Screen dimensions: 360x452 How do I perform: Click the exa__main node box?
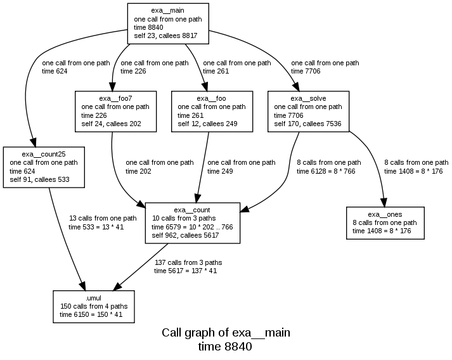pyautogui.click(x=168, y=23)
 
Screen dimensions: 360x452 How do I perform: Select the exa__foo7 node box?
pyautogui.click(x=115, y=112)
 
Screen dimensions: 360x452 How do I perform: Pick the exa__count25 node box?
pyautogui.click(x=44, y=167)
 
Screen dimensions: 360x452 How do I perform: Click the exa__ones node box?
pyautogui.click(x=385, y=222)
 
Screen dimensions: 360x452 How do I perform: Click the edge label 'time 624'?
pyautogui.click(x=55, y=72)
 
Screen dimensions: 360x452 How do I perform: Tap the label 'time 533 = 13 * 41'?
pyautogui.click(x=95, y=227)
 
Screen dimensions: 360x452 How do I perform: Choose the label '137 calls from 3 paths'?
pyautogui.click(x=188, y=262)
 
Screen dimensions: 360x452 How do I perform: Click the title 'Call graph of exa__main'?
pyautogui.click(x=226, y=333)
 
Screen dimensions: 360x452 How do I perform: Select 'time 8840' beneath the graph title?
pyautogui.click(x=225, y=347)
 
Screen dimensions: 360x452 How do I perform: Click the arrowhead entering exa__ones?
pyautogui.click(x=384, y=200)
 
